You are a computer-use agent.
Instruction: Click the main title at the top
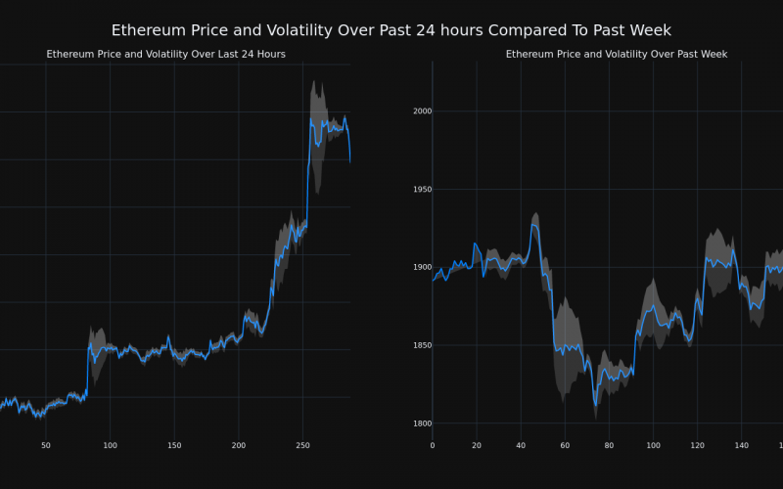(x=391, y=30)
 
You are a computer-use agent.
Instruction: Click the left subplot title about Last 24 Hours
(x=166, y=54)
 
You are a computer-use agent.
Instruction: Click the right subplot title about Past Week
(x=617, y=54)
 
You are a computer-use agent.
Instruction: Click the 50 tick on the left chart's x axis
(x=46, y=446)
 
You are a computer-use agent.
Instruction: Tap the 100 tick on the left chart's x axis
(x=110, y=446)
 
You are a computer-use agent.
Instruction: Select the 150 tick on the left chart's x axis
(x=174, y=446)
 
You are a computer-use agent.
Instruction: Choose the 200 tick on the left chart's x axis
(x=239, y=446)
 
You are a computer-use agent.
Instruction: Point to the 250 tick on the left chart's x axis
(x=302, y=446)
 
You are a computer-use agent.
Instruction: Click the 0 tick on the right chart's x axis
(x=433, y=446)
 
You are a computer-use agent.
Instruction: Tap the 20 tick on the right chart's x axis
(x=477, y=446)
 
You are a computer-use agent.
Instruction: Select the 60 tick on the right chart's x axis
(x=565, y=446)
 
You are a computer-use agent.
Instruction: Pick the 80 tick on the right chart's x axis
(x=609, y=446)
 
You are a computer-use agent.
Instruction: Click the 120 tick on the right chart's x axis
(x=697, y=446)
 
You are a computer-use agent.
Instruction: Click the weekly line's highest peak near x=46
(x=534, y=225)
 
